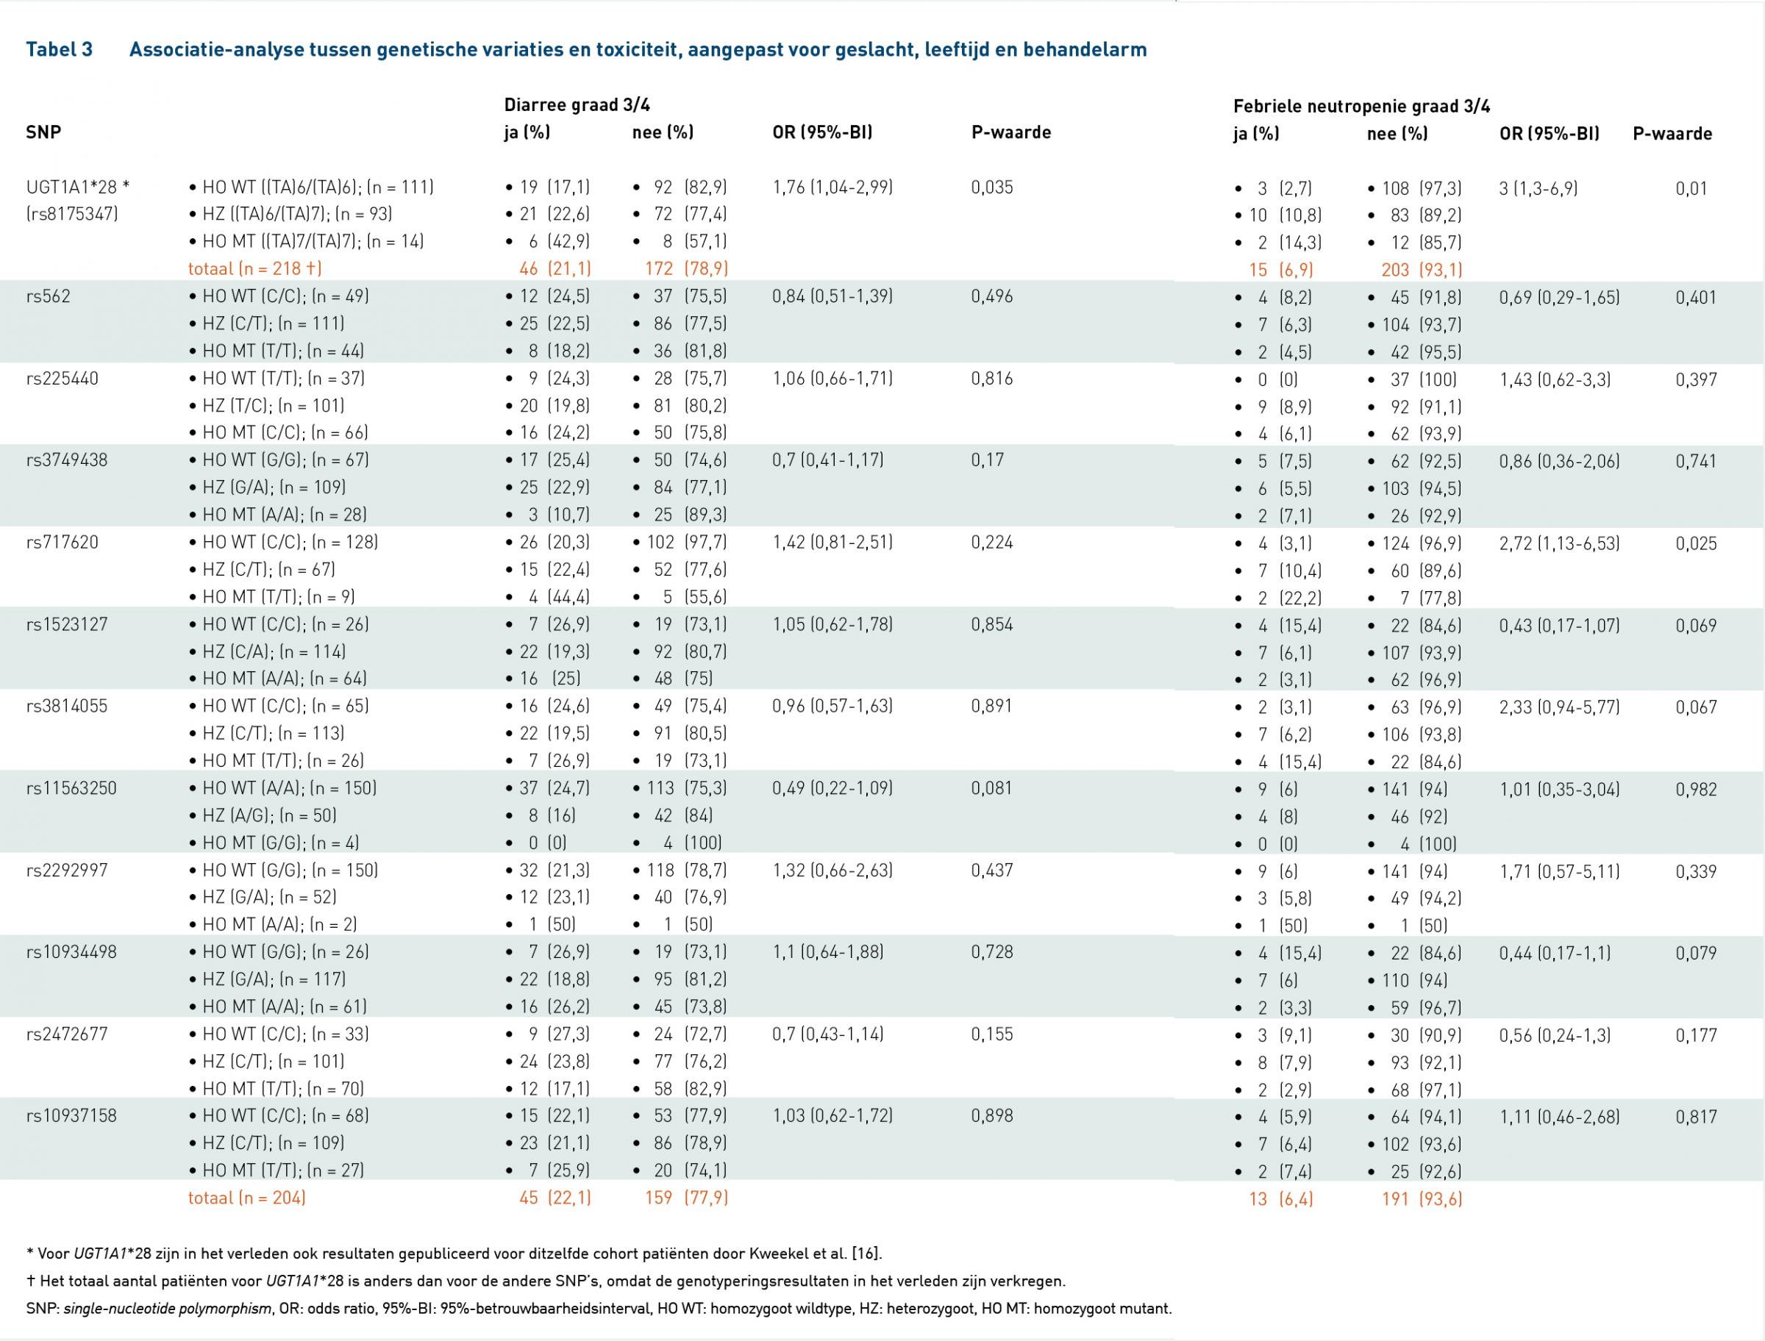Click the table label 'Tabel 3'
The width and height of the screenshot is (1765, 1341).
[59, 49]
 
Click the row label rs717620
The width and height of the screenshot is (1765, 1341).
[63, 543]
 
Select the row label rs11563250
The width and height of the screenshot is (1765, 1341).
[71, 789]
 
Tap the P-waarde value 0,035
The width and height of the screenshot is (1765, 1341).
[992, 187]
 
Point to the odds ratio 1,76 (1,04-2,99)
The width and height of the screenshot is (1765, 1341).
[832, 187]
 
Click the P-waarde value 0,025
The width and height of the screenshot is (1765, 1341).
[1697, 543]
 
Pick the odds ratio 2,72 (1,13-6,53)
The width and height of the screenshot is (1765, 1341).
[1560, 543]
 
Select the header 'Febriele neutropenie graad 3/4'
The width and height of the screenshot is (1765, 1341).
[1362, 106]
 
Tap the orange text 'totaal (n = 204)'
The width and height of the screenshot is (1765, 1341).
[246, 1198]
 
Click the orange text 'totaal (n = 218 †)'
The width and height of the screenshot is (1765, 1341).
[254, 269]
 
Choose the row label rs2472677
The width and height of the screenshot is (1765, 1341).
[66, 1034]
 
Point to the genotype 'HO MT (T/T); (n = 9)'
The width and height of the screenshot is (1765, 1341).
[272, 597]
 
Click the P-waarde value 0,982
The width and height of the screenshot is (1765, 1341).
[1697, 790]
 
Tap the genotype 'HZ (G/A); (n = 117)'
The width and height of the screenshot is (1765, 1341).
[268, 979]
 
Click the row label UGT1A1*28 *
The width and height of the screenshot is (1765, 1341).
[77, 187]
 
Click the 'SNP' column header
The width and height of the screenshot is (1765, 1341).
[43, 132]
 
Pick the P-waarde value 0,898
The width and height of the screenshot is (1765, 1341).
[992, 1116]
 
